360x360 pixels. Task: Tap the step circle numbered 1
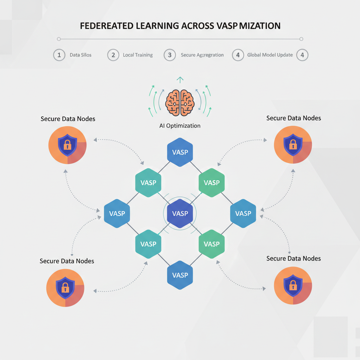tap(59, 55)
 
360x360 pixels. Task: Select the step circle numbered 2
tap(113, 55)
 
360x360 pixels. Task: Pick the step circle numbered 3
tap(170, 55)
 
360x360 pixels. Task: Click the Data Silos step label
tap(81, 55)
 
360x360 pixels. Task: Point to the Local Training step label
tap(138, 55)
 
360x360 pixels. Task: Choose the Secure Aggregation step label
tap(202, 55)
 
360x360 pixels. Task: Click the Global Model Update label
tap(270, 55)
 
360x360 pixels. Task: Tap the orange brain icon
tap(180, 102)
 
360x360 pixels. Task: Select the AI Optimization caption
tap(180, 126)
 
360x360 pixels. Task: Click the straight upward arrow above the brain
tap(180, 80)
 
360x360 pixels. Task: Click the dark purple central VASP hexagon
tap(180, 213)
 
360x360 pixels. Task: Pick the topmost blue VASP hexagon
tap(180, 152)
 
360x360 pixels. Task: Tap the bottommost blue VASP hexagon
tap(180, 275)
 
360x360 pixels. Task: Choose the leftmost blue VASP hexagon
tap(117, 213)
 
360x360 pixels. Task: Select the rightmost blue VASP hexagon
tap(243, 213)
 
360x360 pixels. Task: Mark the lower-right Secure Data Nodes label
tap(294, 258)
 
